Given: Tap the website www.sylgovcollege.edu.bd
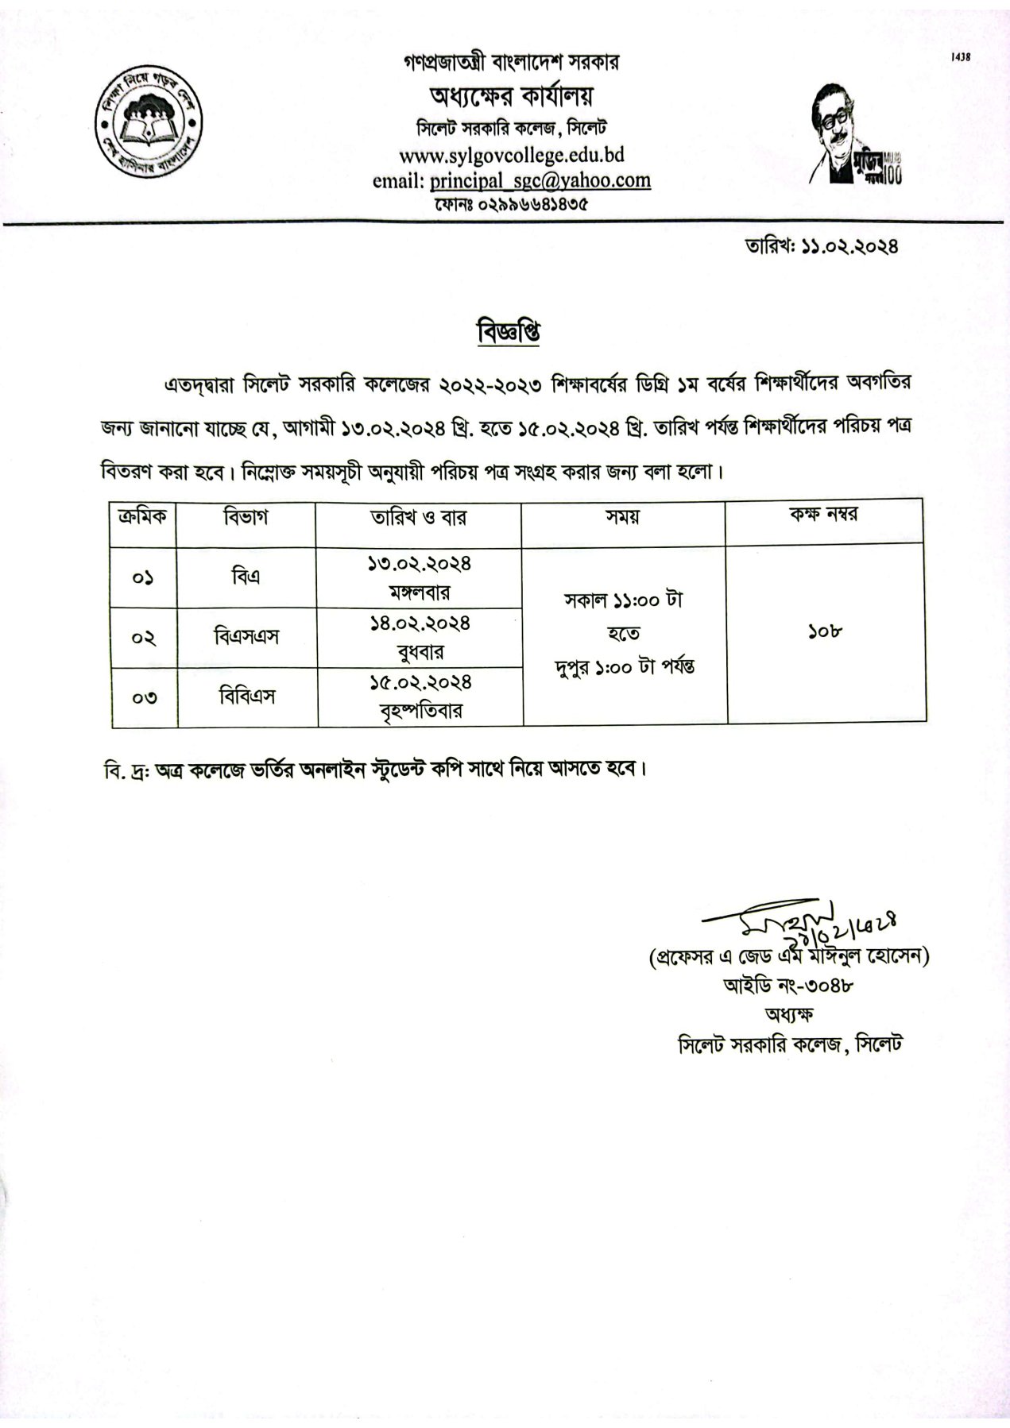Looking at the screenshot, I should point(511,153).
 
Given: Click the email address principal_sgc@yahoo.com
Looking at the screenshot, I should point(540,180).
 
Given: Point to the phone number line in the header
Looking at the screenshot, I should point(511,204).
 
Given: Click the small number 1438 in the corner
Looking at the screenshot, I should point(961,57).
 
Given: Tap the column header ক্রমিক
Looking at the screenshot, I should point(141,517).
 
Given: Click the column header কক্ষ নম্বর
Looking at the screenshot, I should point(823,515).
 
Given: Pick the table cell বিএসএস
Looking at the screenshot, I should point(246,637).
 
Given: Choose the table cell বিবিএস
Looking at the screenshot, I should point(247,697).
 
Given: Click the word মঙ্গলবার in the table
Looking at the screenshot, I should point(420,592).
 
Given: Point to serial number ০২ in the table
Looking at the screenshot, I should point(142,639).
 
